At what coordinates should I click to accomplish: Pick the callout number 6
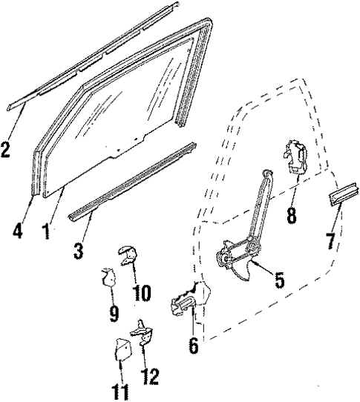(193, 345)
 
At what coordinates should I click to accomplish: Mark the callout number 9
(114, 314)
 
